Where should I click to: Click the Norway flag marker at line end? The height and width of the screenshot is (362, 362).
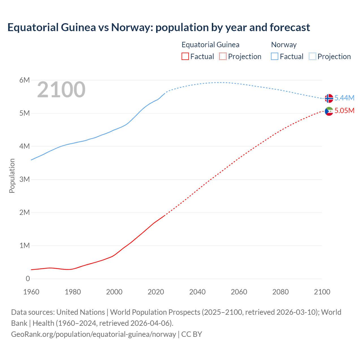click(x=329, y=98)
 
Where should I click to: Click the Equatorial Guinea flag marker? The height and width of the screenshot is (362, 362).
click(x=329, y=111)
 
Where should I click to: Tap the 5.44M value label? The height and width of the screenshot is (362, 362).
click(x=344, y=98)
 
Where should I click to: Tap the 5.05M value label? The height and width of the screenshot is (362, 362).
click(x=344, y=111)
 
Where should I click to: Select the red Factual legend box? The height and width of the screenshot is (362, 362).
click(x=185, y=57)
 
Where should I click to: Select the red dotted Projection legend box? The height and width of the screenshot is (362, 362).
click(x=223, y=57)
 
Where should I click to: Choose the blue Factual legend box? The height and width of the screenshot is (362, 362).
click(x=275, y=57)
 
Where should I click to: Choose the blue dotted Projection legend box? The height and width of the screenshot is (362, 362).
click(x=313, y=57)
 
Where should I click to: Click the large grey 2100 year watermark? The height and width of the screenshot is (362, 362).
click(x=61, y=90)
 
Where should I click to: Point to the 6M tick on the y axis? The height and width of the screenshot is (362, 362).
click(x=25, y=80)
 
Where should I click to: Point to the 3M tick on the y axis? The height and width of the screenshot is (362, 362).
click(x=25, y=179)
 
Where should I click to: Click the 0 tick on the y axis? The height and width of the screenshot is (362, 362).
click(x=28, y=279)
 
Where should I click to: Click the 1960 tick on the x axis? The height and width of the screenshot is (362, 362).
click(x=31, y=292)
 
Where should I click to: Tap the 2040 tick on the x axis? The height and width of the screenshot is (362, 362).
click(x=197, y=292)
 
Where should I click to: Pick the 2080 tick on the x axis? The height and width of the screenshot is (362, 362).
click(x=281, y=292)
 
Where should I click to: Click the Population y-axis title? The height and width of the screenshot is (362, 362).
click(x=12, y=176)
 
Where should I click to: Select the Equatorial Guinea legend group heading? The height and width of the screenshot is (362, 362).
click(x=210, y=45)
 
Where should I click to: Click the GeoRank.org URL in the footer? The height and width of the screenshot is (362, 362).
click(x=93, y=334)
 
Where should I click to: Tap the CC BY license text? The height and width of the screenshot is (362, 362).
click(x=192, y=334)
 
